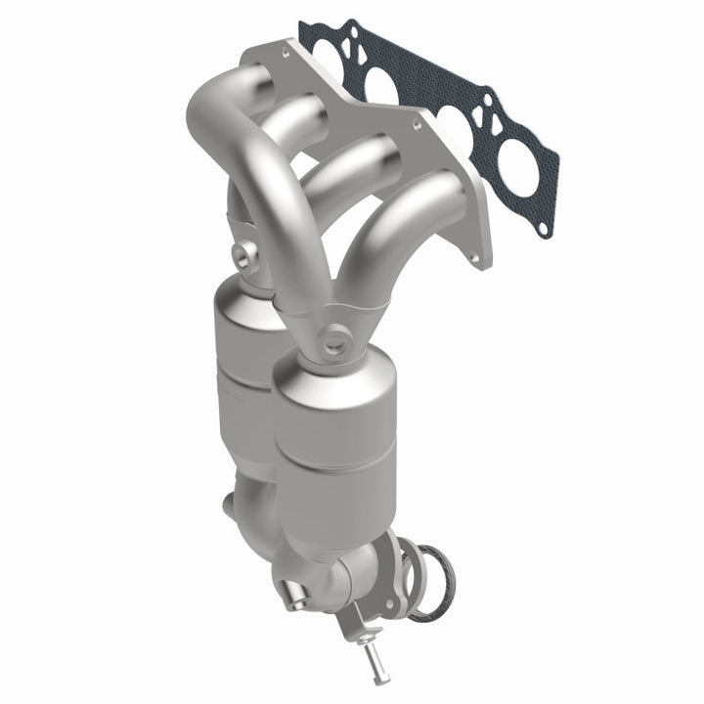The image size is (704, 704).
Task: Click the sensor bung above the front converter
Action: [x=335, y=343]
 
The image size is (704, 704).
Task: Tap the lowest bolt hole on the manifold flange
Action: [x=480, y=261]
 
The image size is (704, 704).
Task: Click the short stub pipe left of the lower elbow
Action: [x=233, y=507]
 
